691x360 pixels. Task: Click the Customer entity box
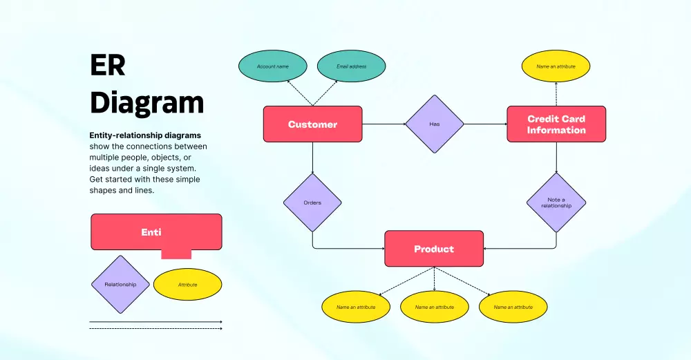pyautogui.click(x=312, y=124)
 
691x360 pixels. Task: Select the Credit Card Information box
pyautogui.click(x=556, y=124)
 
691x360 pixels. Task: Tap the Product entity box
pyautogui.click(x=434, y=249)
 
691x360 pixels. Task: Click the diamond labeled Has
pyautogui.click(x=434, y=124)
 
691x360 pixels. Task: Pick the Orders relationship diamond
pyautogui.click(x=312, y=202)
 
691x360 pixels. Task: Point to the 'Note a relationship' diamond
pyautogui.click(x=556, y=202)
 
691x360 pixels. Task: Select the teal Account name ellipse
pyautogui.click(x=272, y=66)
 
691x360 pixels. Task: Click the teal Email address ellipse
pyautogui.click(x=351, y=66)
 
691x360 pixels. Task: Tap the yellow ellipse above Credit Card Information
pyautogui.click(x=556, y=66)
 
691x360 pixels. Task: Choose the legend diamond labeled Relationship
pyautogui.click(x=120, y=285)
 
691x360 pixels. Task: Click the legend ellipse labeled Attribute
pyautogui.click(x=187, y=285)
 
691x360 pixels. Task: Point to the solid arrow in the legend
pyautogui.click(x=155, y=322)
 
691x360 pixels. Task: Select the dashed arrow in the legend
pyautogui.click(x=155, y=329)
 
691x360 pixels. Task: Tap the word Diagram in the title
pyautogui.click(x=147, y=102)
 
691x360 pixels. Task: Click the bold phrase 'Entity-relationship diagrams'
pyautogui.click(x=145, y=135)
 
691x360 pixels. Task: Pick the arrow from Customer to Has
pyautogui.click(x=384, y=124)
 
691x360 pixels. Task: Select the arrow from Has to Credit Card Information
pyautogui.click(x=485, y=124)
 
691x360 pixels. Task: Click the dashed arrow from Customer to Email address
pyautogui.click(x=326, y=93)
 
